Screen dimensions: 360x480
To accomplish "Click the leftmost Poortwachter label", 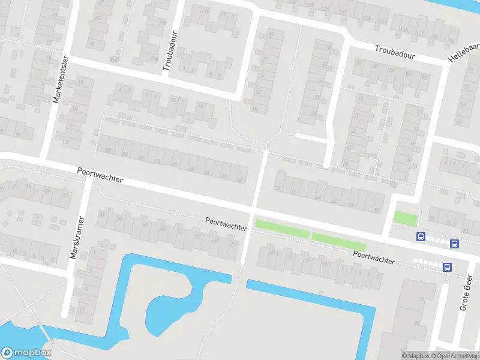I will coord(100,175).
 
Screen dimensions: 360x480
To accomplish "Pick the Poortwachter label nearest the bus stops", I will coord(374,257).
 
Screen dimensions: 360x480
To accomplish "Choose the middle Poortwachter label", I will coord(226,224).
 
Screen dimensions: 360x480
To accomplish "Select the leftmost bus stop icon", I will coord(421,237).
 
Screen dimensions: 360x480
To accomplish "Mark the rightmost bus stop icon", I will coord(455,244).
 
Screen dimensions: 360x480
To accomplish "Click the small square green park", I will coord(404,218).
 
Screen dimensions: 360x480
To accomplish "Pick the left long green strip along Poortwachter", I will coord(281,229).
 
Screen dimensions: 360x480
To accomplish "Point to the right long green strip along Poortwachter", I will coord(338,241).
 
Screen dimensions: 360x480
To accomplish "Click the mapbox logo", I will coord(26,353).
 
